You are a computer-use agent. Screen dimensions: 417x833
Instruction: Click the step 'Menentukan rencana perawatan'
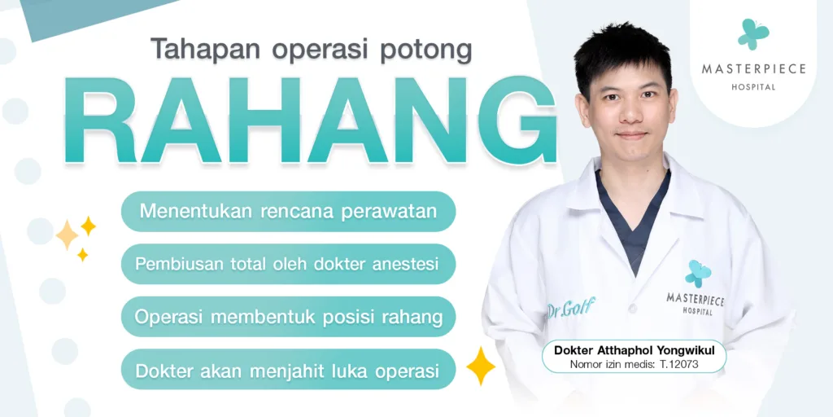(288, 211)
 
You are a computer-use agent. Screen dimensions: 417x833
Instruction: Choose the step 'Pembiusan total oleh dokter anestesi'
(288, 264)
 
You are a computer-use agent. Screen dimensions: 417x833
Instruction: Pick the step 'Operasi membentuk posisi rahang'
(288, 317)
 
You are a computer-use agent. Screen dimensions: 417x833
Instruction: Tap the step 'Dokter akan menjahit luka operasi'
(288, 370)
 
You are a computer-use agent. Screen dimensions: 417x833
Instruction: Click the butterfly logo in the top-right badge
(752, 34)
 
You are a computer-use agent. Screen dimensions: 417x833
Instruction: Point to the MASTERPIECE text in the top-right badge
(753, 69)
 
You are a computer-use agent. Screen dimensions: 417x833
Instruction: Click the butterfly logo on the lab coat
(697, 274)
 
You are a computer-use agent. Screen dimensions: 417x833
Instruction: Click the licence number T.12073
(687, 364)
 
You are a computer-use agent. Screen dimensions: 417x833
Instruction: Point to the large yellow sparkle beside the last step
(481, 366)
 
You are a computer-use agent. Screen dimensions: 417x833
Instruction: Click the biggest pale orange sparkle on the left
(67, 235)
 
